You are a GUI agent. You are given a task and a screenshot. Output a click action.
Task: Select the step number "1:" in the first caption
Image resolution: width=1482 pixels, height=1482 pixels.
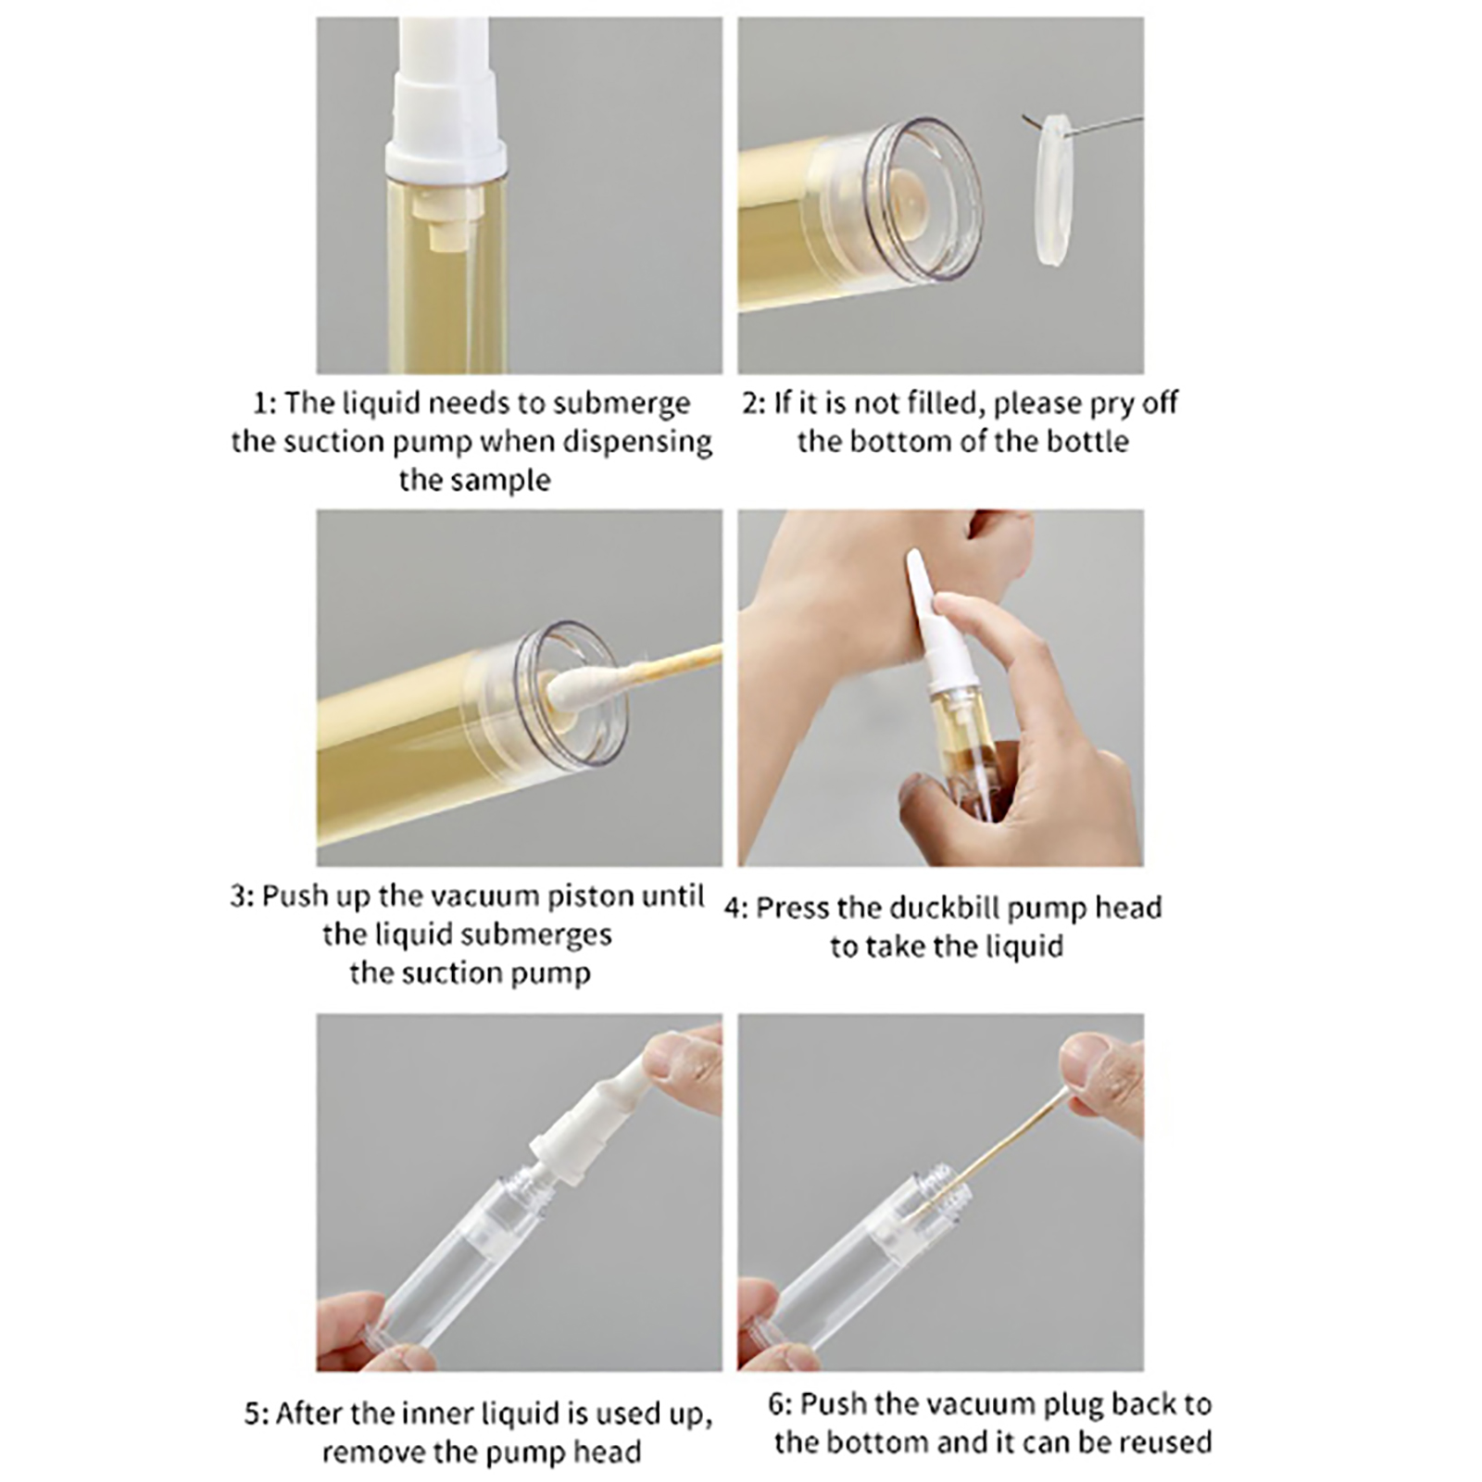click(x=265, y=404)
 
